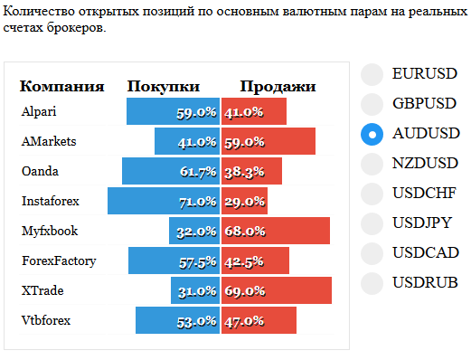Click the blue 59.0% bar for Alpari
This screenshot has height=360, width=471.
[173, 111]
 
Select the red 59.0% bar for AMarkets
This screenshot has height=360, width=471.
[268, 141]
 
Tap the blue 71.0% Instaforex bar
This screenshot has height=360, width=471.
[164, 201]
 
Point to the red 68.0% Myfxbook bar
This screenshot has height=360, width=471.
[276, 231]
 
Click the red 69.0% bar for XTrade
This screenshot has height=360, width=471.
[277, 290]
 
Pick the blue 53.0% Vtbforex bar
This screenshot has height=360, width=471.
[177, 320]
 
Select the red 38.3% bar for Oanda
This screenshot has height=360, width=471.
[251, 171]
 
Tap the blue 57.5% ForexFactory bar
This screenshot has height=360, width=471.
[174, 261]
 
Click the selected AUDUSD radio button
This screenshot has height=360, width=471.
[372, 134]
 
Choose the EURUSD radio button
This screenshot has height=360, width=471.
[372, 74]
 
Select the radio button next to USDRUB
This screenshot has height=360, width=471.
[372, 283]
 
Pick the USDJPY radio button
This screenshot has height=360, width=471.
[372, 223]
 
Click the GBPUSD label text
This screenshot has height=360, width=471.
[424, 103]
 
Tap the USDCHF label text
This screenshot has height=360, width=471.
[424, 193]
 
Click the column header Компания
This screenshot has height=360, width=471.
[62, 87]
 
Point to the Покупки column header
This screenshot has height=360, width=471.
[164, 87]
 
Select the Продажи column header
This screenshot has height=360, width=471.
[278, 87]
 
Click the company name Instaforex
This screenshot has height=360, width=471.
[51, 201]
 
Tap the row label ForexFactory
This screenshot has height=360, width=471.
[59, 261]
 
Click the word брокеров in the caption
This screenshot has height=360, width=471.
[76, 28]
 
